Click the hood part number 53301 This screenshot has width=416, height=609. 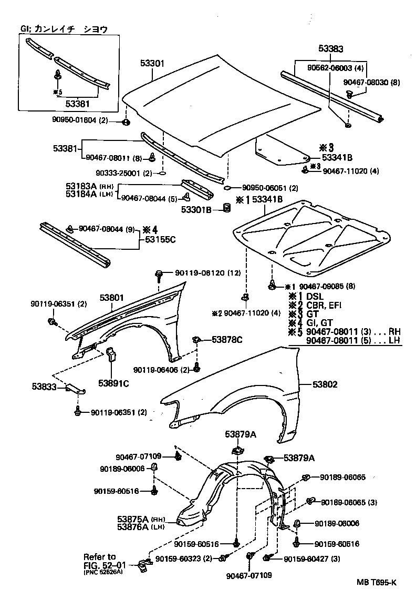(x=152, y=64)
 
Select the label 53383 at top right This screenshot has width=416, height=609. (x=330, y=49)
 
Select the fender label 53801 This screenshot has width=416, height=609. (x=112, y=298)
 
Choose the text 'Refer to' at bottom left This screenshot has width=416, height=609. (x=99, y=556)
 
